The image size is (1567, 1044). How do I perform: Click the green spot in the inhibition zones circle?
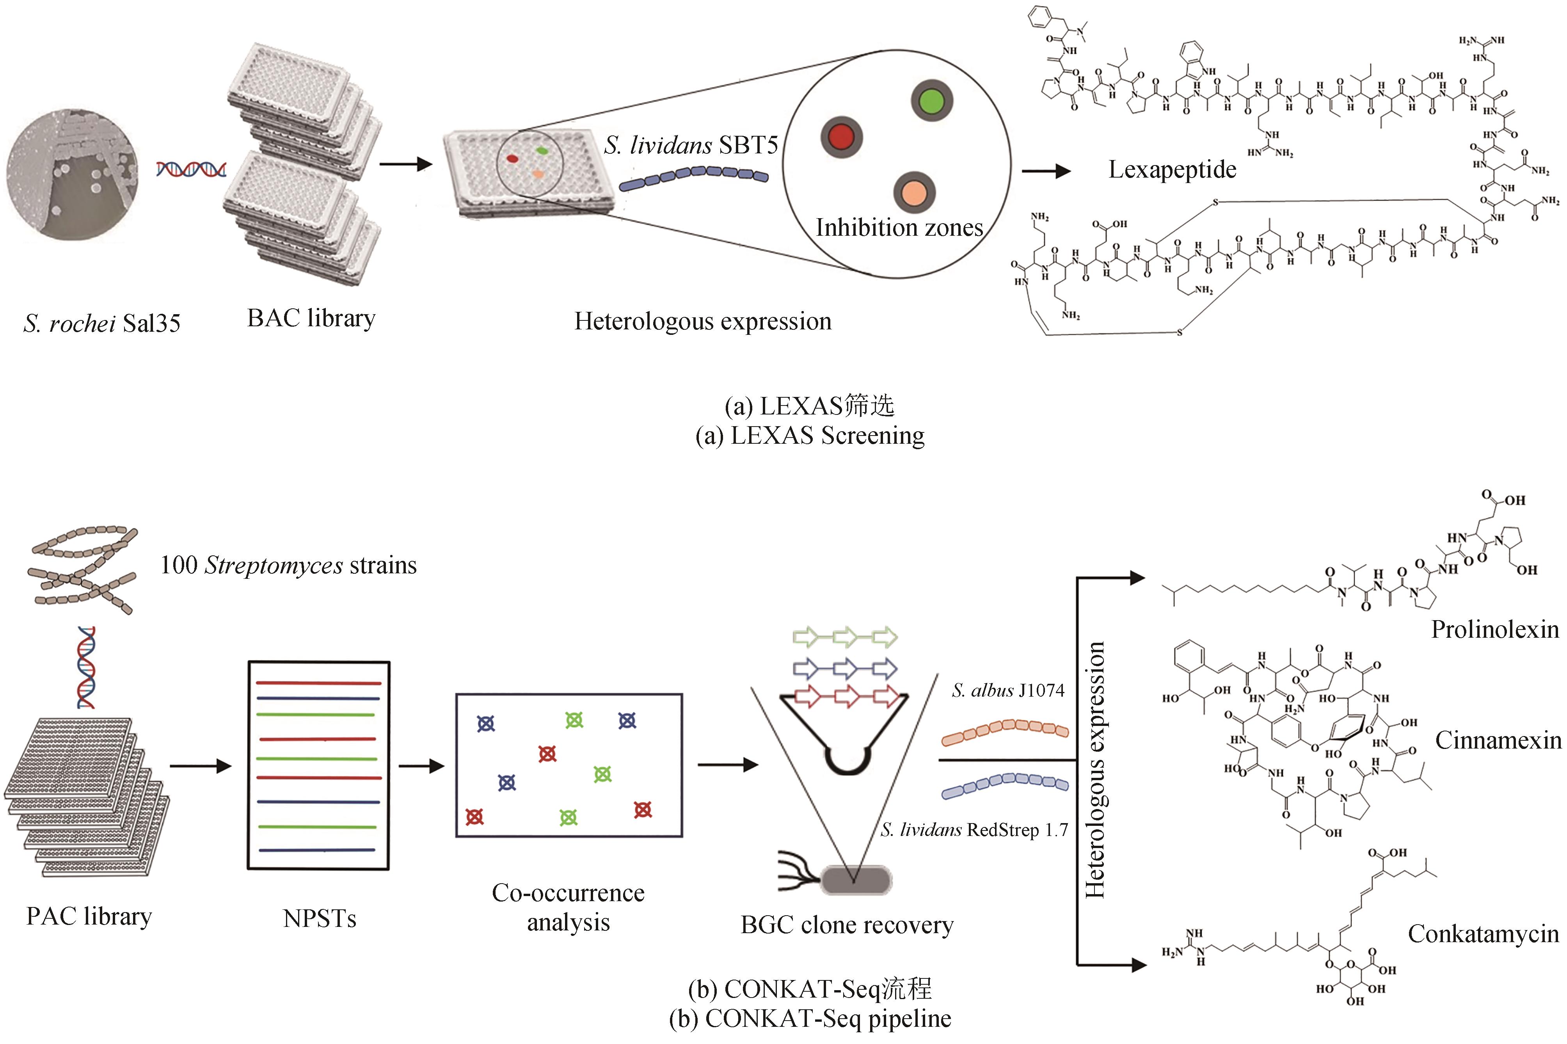pos(931,101)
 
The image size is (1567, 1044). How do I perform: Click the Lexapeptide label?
pos(1172,170)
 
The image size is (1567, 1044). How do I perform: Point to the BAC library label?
pos(311,318)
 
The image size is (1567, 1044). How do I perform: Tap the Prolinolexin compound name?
pos(1494,629)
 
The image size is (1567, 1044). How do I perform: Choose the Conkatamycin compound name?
pos(1483,934)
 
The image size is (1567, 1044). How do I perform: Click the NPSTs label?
pos(320,919)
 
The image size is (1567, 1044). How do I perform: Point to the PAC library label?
pos(89,917)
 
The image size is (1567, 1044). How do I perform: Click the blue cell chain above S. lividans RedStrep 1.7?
pos(1004,786)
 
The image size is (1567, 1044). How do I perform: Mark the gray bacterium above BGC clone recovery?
pos(855,880)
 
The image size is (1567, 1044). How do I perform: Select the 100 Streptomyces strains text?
pos(288,565)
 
